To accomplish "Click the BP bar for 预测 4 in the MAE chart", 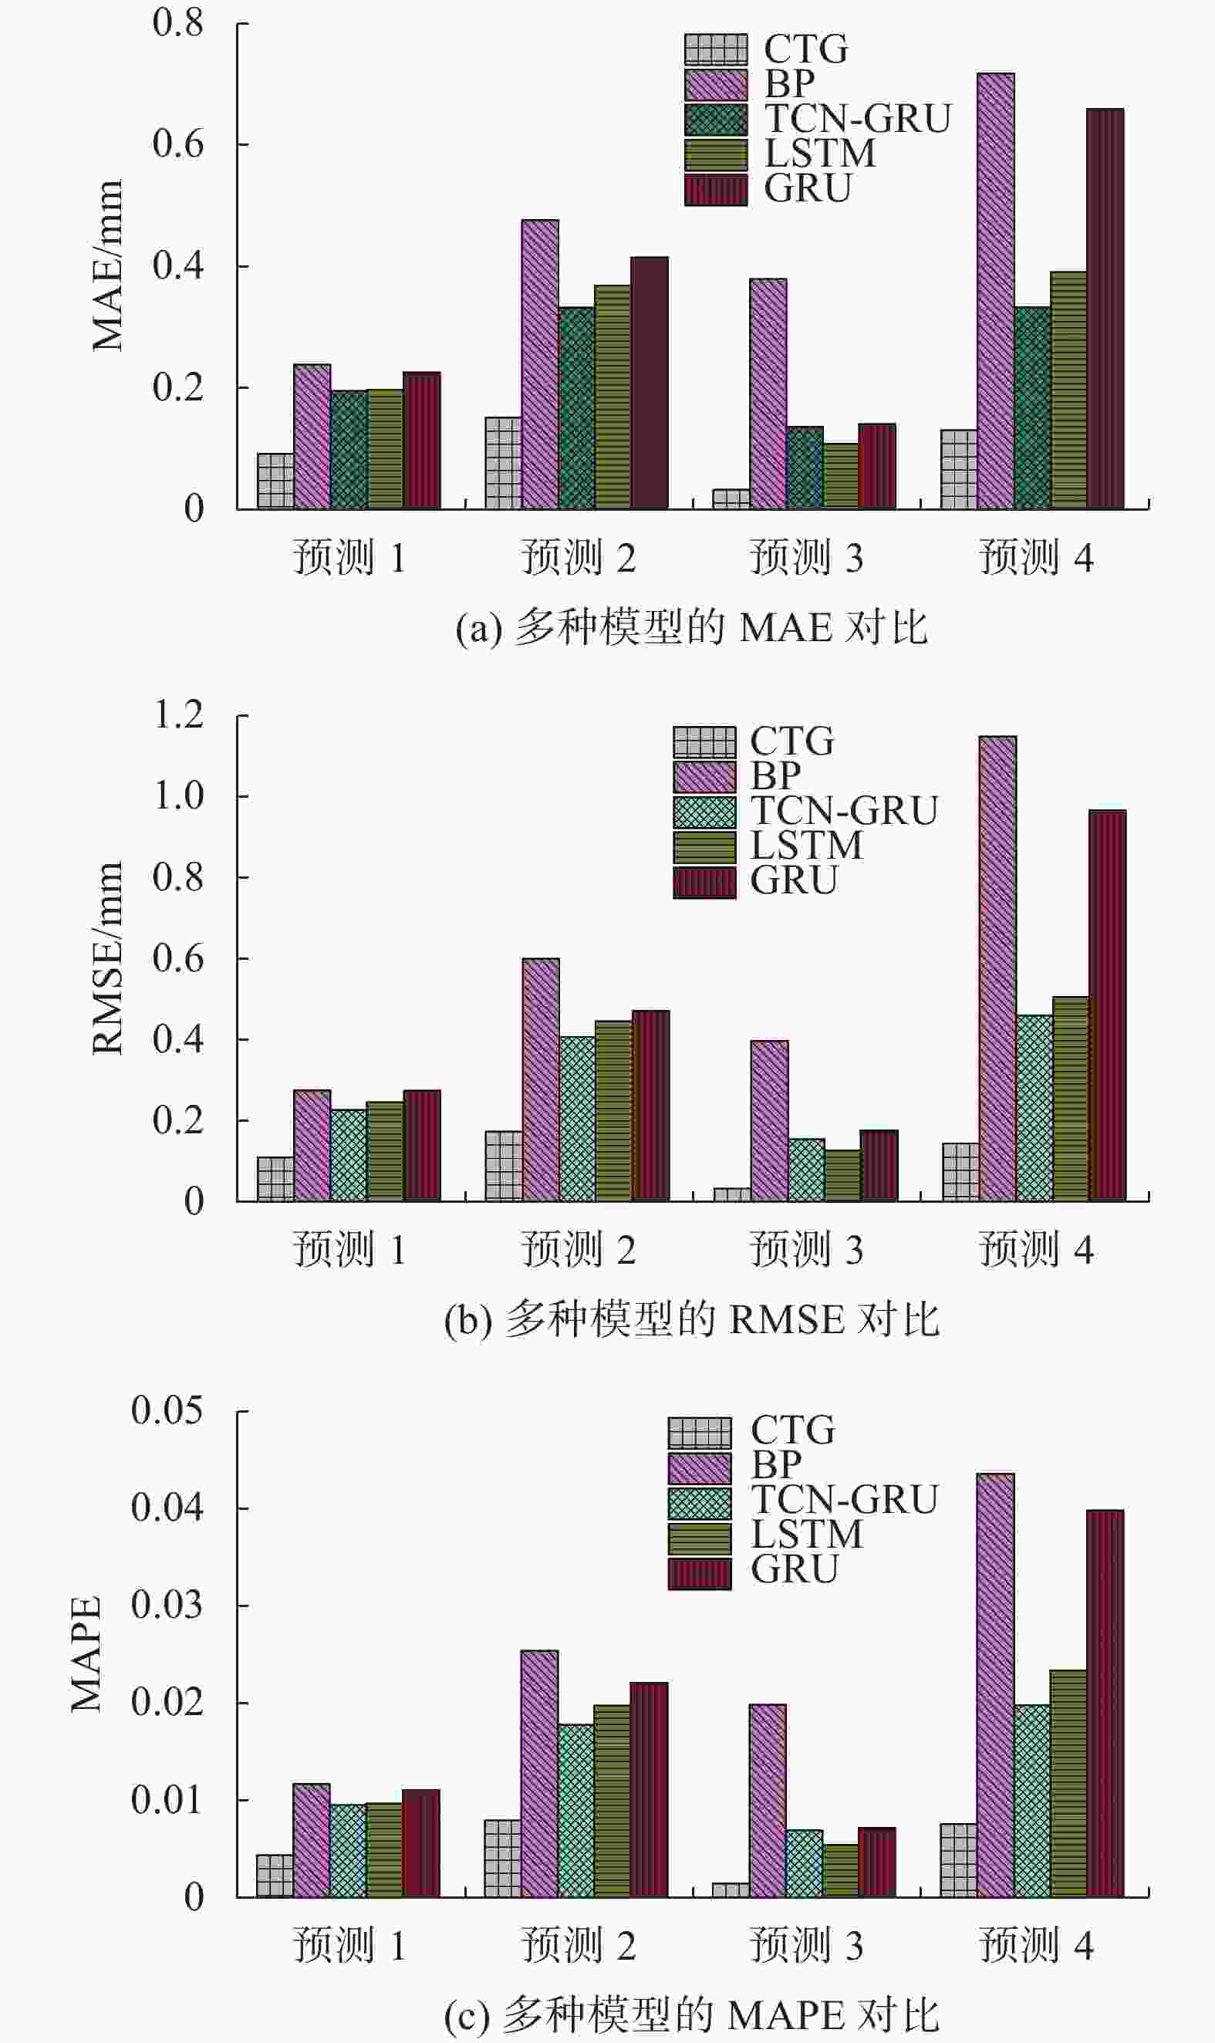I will (996, 291).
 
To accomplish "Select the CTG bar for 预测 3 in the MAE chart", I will (731, 498).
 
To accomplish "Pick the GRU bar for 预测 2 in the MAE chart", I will (650, 383).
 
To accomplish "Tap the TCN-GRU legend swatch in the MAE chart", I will (716, 120).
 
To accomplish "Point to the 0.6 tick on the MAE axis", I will (177, 144).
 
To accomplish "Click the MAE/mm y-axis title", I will (107, 265).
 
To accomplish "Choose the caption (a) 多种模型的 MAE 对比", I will (692, 628).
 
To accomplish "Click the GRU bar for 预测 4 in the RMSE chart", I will (1107, 1005).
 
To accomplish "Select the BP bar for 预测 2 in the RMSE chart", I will (540, 1079).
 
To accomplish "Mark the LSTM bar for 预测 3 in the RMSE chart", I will (842, 1175).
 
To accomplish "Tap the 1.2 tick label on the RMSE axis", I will (178, 715).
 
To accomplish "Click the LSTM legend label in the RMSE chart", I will (806, 845).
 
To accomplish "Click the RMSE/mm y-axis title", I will (107, 958).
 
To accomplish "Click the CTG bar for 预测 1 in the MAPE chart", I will (275, 1876).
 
